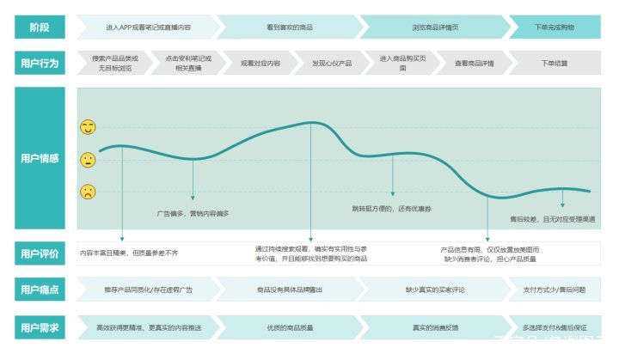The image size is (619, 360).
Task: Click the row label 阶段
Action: click(40, 27)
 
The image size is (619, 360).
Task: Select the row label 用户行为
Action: click(40, 64)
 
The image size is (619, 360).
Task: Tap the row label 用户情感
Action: click(40, 158)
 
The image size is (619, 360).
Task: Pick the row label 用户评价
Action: click(40, 253)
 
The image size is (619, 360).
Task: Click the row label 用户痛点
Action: click(40, 290)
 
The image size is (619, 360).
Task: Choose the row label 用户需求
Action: click(40, 327)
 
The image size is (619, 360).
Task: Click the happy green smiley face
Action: click(88, 127)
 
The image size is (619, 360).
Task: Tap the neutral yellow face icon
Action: click(88, 160)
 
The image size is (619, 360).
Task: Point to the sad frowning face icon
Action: click(88, 192)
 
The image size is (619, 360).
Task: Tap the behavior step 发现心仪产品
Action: click(332, 64)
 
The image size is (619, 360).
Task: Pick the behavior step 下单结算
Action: click(555, 64)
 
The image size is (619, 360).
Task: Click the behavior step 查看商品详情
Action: click(474, 64)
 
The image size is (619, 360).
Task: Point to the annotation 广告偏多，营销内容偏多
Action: click(193, 212)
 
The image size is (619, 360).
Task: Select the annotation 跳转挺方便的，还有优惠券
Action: click(392, 209)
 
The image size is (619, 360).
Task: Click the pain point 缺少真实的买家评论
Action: click(434, 290)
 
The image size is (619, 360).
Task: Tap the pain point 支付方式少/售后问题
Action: click(555, 290)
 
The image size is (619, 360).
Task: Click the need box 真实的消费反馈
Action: click(434, 327)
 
